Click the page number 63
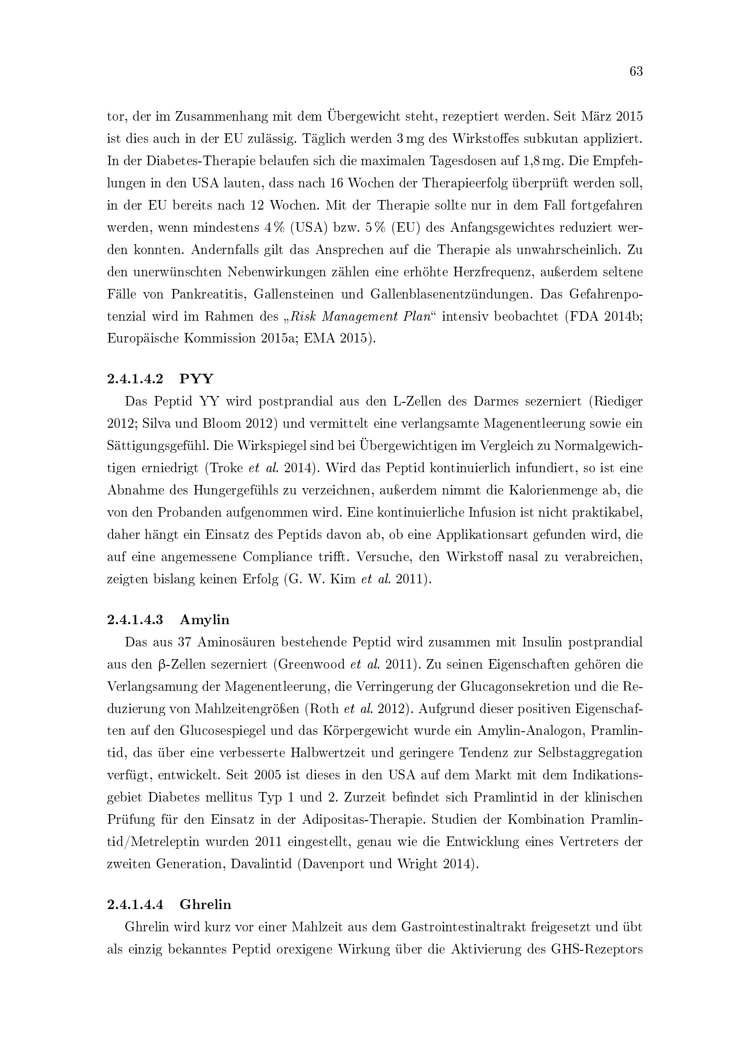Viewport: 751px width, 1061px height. (636, 72)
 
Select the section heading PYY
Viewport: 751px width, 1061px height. (197, 379)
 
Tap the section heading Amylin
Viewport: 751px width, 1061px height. (204, 620)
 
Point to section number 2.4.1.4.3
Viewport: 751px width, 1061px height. (135, 620)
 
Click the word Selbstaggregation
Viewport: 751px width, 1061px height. (590, 753)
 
